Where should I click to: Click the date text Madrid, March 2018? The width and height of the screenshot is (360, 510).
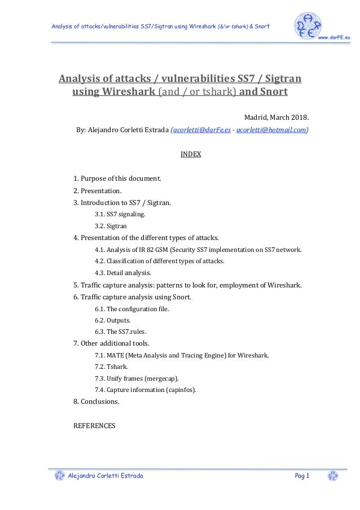[x=276, y=117]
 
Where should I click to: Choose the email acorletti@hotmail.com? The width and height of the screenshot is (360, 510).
[x=272, y=129]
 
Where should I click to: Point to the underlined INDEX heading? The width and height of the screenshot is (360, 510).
[x=191, y=154]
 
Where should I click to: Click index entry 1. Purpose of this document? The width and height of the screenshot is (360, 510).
[x=117, y=178]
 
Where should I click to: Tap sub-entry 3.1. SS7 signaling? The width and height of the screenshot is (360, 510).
[x=120, y=214]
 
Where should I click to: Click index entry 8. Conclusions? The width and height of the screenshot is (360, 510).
[x=96, y=402]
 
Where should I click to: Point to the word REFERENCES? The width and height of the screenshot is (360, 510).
[x=94, y=426]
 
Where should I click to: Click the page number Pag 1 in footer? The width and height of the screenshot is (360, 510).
[x=302, y=476]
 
